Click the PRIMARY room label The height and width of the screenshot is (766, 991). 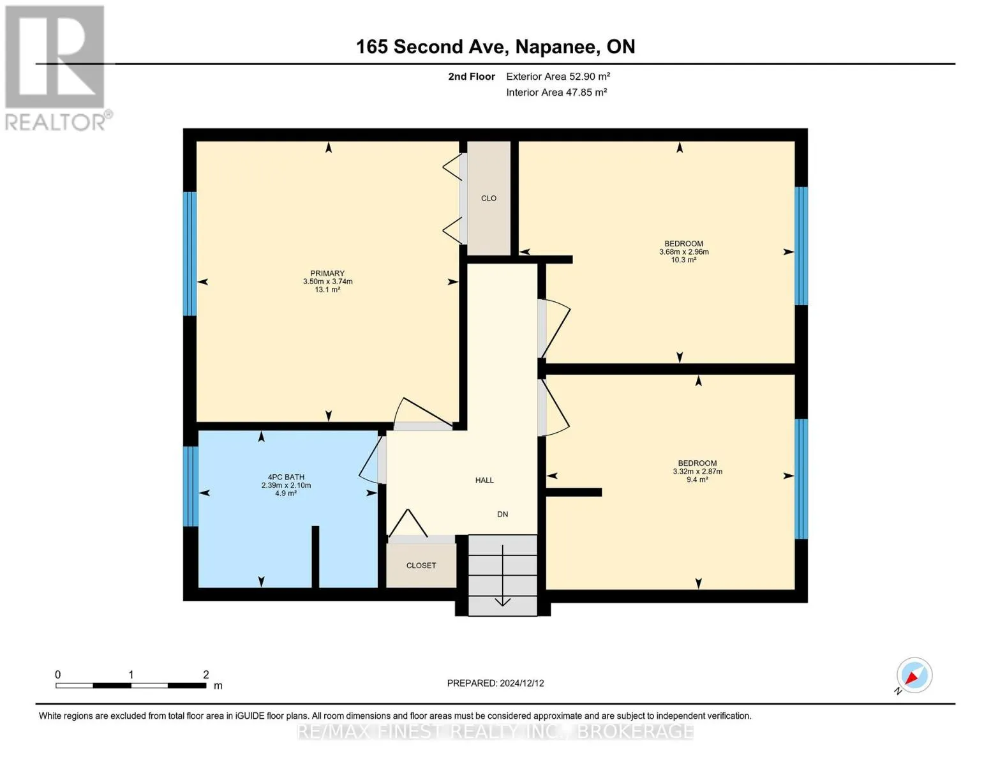[327, 273]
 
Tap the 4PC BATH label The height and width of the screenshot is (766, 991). [286, 477]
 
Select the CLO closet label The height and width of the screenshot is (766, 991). [488, 198]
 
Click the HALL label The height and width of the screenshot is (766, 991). [484, 480]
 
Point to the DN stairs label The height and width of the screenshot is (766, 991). [503, 514]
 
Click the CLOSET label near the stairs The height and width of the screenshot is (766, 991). [421, 566]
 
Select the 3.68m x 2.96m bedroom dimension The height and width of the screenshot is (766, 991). [683, 252]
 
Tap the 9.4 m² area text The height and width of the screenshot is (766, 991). [697, 479]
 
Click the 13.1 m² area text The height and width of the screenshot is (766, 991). [327, 289]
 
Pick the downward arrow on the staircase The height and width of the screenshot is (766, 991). [503, 575]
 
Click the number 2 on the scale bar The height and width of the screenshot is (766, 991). [205, 674]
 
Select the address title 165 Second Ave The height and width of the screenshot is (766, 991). [430, 47]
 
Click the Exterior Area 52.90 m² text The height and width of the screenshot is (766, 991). [558, 76]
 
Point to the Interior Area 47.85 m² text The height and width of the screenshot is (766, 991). [556, 92]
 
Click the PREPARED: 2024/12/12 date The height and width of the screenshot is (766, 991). [495, 683]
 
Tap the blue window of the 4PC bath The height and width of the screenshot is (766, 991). [191, 486]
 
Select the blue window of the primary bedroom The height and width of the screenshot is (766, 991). [190, 253]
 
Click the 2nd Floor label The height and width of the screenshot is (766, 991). [472, 76]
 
